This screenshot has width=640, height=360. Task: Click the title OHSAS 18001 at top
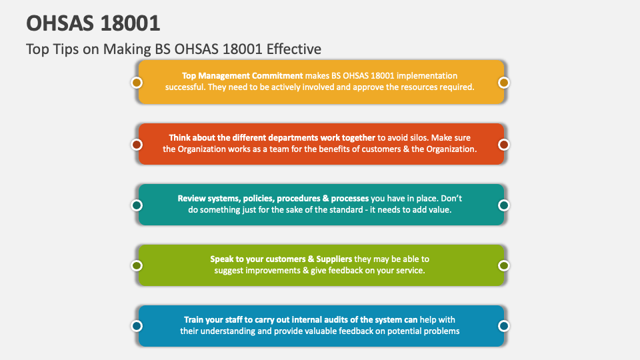tap(93, 23)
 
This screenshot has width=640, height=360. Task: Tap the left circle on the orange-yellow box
tap(137, 83)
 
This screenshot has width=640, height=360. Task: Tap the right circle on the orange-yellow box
tap(504, 83)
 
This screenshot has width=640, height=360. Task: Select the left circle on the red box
tap(137, 144)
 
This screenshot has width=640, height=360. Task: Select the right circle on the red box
tap(504, 144)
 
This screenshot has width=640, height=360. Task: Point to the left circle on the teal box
tap(137, 205)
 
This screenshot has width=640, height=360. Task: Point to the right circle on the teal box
tap(504, 205)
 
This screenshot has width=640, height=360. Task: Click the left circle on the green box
tap(137, 265)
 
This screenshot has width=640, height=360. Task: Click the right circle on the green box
tap(504, 265)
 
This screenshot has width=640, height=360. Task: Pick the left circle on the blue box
tap(137, 326)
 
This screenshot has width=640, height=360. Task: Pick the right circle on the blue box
tap(504, 326)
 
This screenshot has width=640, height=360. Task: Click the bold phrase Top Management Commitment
tap(242, 76)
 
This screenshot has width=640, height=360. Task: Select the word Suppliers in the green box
tap(329, 259)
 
